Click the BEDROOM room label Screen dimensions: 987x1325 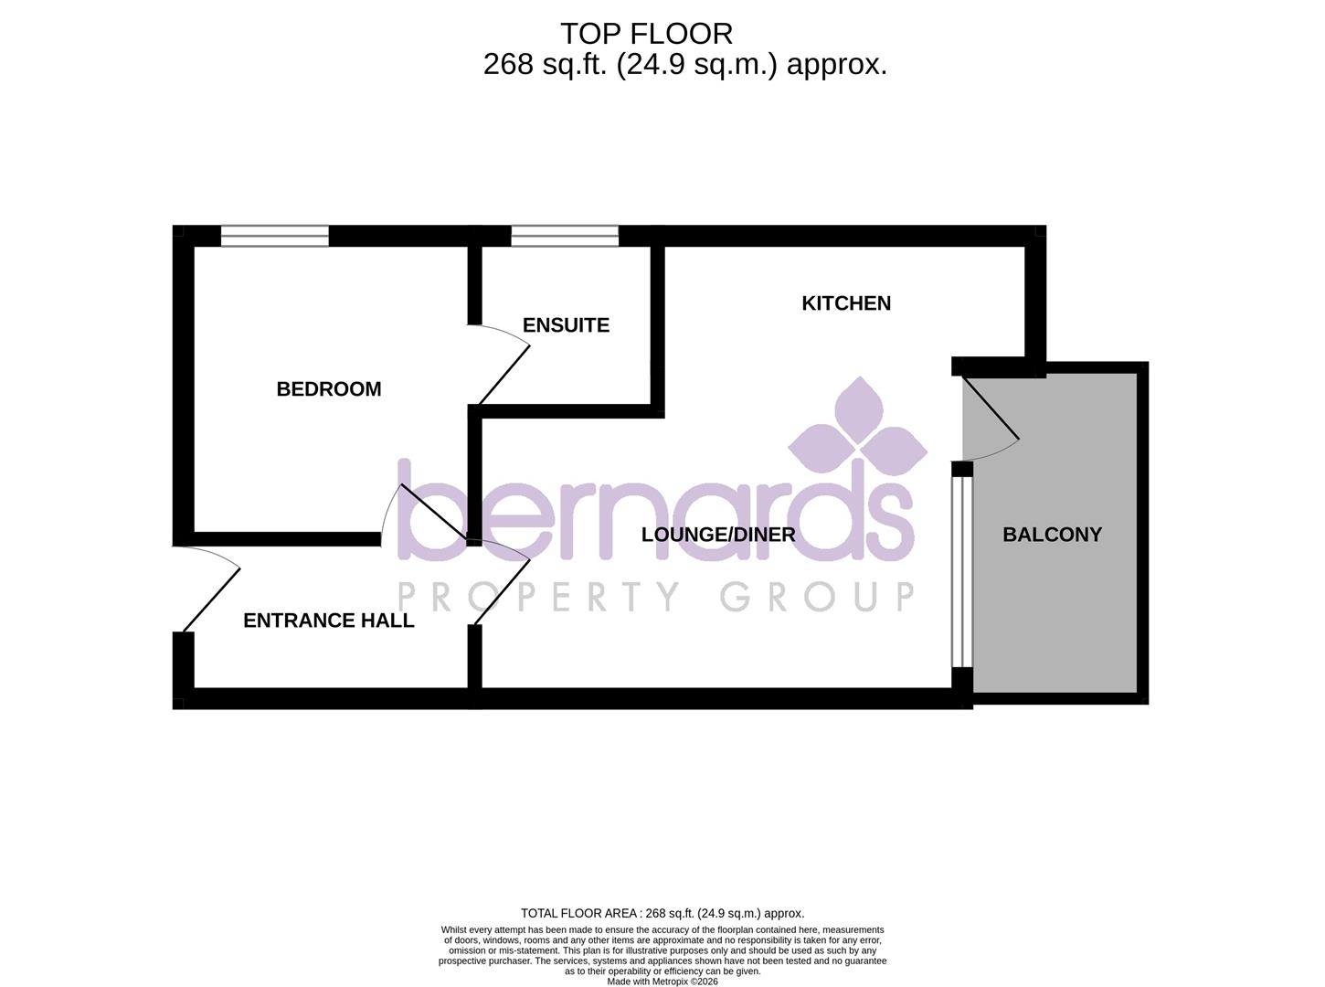329,389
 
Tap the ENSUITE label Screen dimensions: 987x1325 566,325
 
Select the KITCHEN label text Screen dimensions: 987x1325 846,303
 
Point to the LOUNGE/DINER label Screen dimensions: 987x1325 718,535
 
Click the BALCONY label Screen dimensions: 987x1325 1052,535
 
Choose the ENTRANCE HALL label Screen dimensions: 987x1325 329,621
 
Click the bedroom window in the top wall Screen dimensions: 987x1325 275,236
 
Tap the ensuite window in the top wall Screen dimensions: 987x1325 565,236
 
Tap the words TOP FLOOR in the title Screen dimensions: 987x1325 646,34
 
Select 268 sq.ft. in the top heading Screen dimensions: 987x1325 545,65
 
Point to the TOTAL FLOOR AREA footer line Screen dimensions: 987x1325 662,913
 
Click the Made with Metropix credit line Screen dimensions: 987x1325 662,982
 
